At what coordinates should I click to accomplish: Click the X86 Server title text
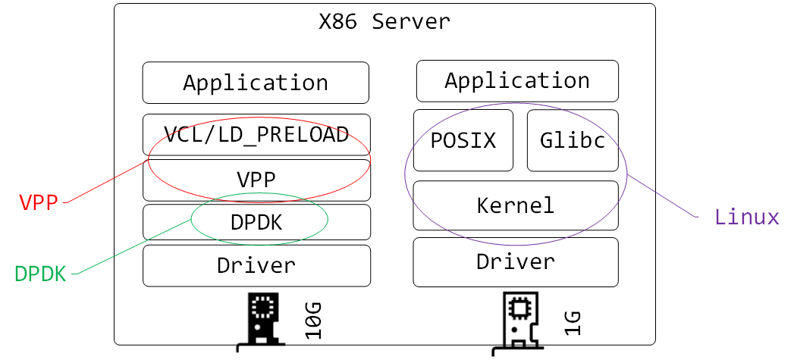pyautogui.click(x=384, y=21)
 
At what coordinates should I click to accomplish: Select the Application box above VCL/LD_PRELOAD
pyautogui.click(x=256, y=83)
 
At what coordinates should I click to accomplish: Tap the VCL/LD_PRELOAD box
pyautogui.click(x=256, y=134)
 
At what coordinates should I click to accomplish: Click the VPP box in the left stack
pyautogui.click(x=256, y=180)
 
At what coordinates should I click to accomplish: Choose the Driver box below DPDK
pyautogui.click(x=256, y=265)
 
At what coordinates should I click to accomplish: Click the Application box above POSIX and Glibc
pyautogui.click(x=517, y=80)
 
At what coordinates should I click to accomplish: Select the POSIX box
pyautogui.click(x=463, y=140)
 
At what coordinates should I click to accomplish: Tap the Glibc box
pyautogui.click(x=573, y=140)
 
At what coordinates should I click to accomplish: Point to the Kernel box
pyautogui.click(x=516, y=205)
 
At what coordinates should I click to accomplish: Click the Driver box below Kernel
pyautogui.click(x=516, y=262)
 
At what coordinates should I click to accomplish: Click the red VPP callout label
pyautogui.click(x=39, y=202)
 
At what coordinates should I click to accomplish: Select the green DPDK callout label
pyautogui.click(x=40, y=274)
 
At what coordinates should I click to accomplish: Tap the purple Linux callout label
pyautogui.click(x=747, y=218)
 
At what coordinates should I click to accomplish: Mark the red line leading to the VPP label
pyautogui.click(x=106, y=182)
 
